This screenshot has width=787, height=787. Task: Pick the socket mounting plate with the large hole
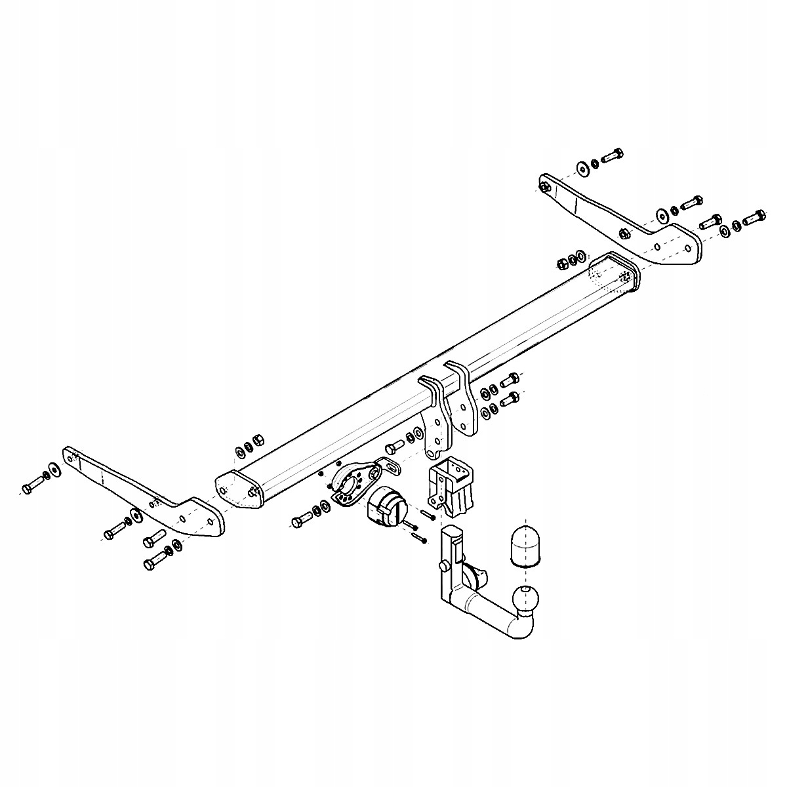tap(355, 482)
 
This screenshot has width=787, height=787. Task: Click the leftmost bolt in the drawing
tap(31, 487)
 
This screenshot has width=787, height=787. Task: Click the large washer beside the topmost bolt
tap(582, 168)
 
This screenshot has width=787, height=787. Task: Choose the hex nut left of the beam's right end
tap(561, 264)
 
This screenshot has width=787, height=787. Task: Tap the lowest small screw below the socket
tap(418, 538)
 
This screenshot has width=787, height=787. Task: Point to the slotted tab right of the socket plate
tap(392, 467)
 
